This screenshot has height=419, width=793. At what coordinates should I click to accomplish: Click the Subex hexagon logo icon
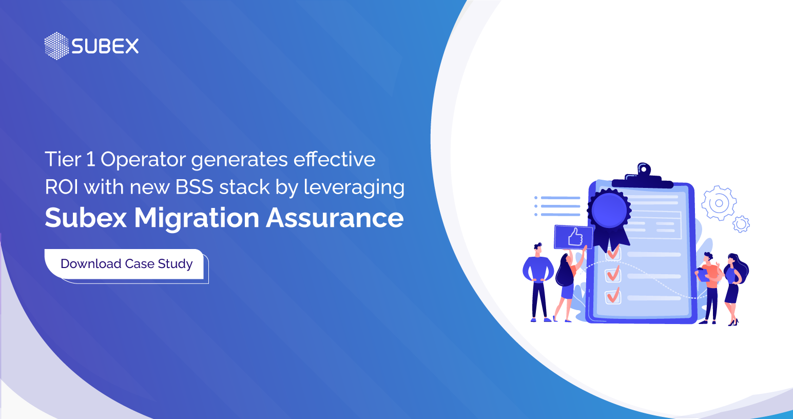[x=56, y=46]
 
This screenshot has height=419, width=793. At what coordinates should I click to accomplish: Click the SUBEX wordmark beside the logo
[x=105, y=47]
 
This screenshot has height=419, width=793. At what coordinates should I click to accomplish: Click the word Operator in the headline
[x=143, y=160]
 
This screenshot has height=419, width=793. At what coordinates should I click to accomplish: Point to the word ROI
[x=62, y=187]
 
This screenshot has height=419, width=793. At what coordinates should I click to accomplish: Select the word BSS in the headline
[x=195, y=187]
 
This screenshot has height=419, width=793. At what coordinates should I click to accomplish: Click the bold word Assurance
[x=335, y=218]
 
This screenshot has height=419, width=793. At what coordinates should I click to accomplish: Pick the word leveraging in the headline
[x=354, y=188]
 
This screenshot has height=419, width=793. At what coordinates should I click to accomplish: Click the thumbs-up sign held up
[x=574, y=237]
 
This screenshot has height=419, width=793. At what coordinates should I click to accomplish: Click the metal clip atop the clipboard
[x=643, y=175]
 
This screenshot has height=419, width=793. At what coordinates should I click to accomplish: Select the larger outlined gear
[x=719, y=203]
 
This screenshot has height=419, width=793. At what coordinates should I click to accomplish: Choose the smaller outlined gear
[x=741, y=224]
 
